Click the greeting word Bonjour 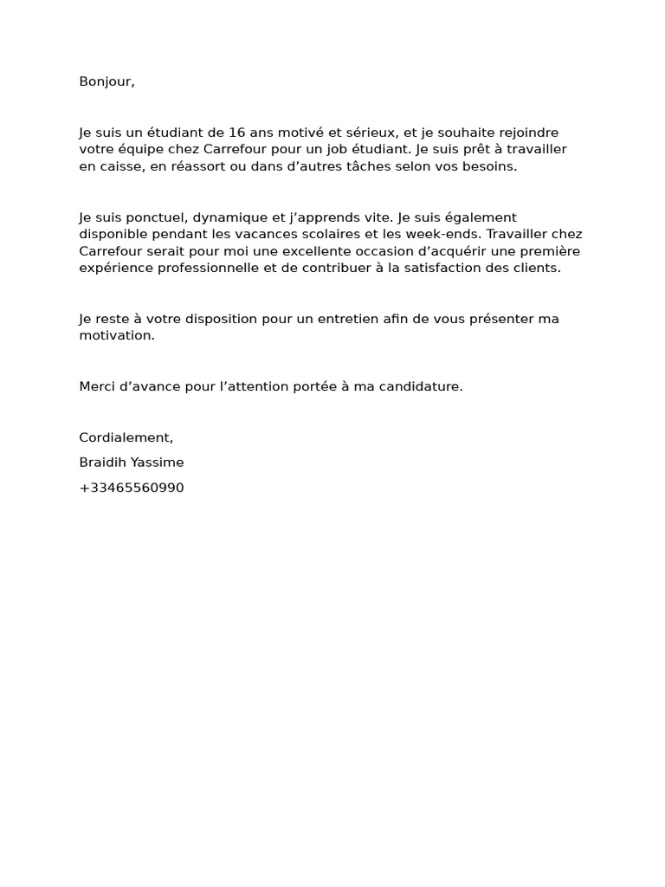pyautogui.click(x=106, y=82)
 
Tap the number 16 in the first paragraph pyautogui.click(x=237, y=133)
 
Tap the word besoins pyautogui.click(x=489, y=166)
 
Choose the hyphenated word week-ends pyautogui.click(x=449, y=235)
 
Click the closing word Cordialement pyautogui.click(x=126, y=437)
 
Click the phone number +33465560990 pyautogui.click(x=132, y=488)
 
